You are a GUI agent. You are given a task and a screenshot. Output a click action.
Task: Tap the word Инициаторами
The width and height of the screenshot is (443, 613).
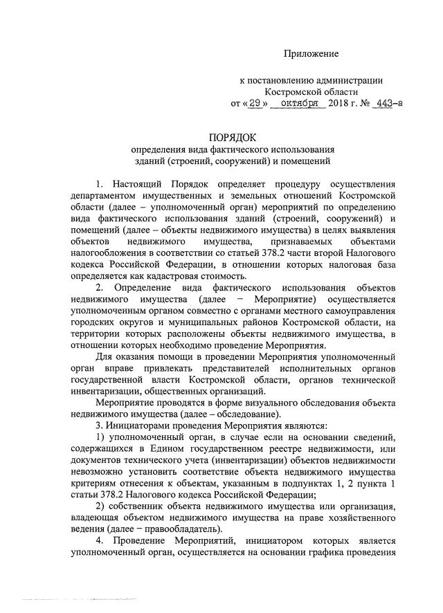[140, 426]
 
